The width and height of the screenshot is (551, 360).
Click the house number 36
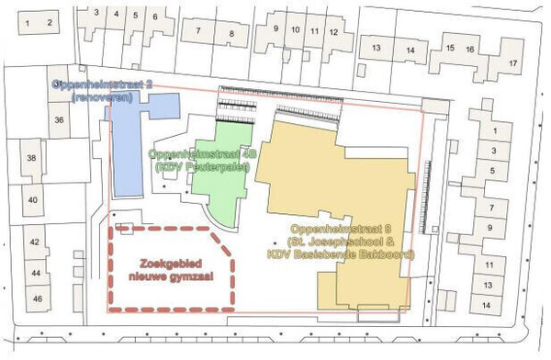point(60,120)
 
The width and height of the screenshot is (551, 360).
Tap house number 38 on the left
point(32,159)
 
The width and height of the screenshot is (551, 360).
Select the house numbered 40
point(32,200)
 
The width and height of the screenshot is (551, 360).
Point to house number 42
point(36,242)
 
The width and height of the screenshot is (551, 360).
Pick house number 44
point(36,274)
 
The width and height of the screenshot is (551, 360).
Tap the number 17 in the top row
point(512,62)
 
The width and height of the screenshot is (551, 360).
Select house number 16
point(469,49)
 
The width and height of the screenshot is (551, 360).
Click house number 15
point(449,49)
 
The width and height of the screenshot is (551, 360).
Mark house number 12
point(334,32)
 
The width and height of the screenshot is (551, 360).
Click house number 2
point(51,19)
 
